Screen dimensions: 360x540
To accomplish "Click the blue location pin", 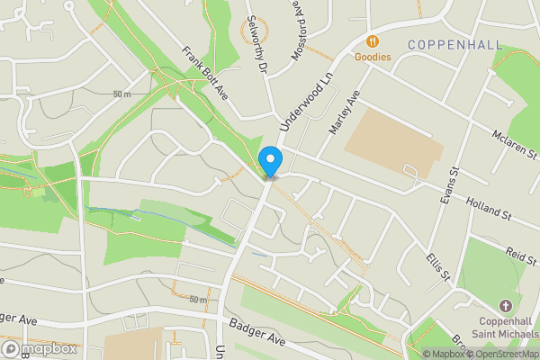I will (x=271, y=161).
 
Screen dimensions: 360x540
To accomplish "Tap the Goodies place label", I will (x=373, y=57).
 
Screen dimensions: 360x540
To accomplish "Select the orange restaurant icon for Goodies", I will (x=372, y=40).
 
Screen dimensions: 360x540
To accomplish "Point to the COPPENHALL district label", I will (x=450, y=43).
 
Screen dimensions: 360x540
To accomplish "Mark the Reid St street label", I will (x=520, y=256).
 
